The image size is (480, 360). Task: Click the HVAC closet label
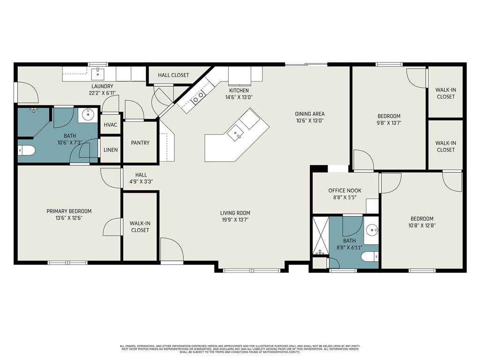point(111,125)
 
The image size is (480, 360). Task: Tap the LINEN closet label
point(111,150)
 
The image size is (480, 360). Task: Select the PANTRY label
point(140,143)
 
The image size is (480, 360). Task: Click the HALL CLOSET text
point(173,75)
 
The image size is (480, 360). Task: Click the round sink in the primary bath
point(87,114)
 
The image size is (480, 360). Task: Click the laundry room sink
point(98,73)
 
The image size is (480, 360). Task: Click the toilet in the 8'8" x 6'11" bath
point(370,257)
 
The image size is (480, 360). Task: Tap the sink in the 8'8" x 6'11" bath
point(372,230)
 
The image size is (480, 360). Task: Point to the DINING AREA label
point(309,113)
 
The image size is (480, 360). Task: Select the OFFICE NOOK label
point(344,190)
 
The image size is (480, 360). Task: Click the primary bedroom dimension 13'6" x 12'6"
point(69,218)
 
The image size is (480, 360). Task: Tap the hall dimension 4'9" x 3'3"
point(141,182)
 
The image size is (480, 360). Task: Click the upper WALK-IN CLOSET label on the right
point(445,93)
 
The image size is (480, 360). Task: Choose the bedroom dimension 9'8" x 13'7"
point(389,123)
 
